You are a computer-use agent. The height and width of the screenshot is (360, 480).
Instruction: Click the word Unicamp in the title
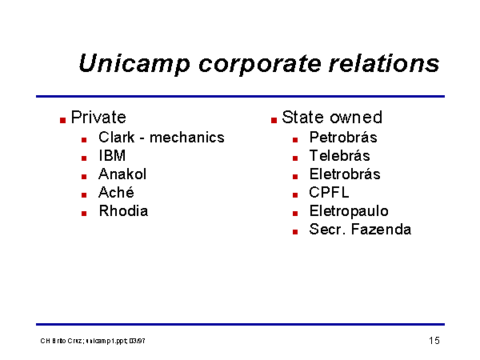(134, 64)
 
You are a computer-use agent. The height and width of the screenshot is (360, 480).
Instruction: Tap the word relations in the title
(384, 63)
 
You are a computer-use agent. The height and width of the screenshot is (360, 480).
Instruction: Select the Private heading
(98, 117)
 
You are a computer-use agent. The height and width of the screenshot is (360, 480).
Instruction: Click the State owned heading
(332, 117)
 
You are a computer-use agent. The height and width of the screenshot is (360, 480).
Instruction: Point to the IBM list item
(112, 155)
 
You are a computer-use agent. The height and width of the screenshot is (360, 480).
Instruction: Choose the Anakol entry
(122, 174)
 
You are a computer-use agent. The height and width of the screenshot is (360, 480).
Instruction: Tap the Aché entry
(116, 192)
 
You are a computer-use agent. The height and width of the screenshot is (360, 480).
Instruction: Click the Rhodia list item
(123, 211)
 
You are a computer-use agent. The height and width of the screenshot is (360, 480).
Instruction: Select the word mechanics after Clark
(186, 137)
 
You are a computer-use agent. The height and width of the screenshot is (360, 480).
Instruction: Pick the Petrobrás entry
(343, 137)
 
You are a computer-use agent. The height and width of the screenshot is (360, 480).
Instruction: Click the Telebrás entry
(339, 155)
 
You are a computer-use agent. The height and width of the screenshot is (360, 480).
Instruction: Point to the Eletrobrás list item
(345, 174)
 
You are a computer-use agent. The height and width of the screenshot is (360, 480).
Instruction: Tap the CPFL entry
(329, 192)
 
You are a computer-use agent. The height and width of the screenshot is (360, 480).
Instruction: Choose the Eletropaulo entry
(349, 211)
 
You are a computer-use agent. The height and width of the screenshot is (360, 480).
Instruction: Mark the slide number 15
(434, 341)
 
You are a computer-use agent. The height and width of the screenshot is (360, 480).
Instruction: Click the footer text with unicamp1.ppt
(93, 341)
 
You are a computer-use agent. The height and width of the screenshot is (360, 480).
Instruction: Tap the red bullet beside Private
(62, 120)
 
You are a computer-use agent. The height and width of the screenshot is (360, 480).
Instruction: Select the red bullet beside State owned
(274, 120)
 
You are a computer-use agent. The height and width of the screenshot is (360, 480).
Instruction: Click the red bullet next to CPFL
(295, 195)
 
